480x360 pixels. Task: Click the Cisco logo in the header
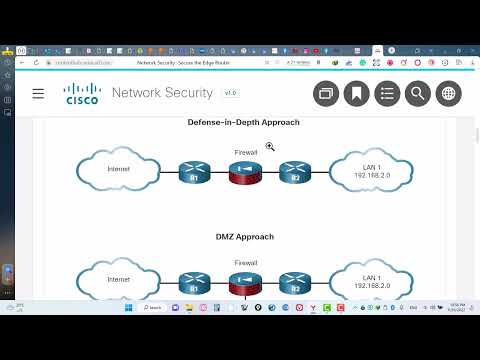[x=81, y=94]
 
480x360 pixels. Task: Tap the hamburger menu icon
[x=38, y=93]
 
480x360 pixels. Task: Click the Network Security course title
[x=162, y=93]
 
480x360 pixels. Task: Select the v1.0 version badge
[x=230, y=93]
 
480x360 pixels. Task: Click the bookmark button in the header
[x=356, y=93]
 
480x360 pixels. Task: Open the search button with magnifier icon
[x=418, y=93]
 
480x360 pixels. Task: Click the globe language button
[x=449, y=93]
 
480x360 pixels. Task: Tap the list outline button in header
[x=387, y=93]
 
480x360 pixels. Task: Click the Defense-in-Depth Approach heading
[x=243, y=122]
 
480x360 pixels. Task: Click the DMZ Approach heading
[x=243, y=236]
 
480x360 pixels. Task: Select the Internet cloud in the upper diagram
[x=119, y=171]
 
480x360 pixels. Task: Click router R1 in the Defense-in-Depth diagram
[x=195, y=173]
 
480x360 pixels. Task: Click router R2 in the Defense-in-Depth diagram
[x=295, y=173]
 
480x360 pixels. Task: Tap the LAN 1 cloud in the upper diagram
[x=371, y=171]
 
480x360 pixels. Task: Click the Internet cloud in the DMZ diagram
[x=119, y=283]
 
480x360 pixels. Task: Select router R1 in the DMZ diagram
[x=195, y=284]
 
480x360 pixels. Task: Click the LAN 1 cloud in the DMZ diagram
[x=371, y=281]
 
